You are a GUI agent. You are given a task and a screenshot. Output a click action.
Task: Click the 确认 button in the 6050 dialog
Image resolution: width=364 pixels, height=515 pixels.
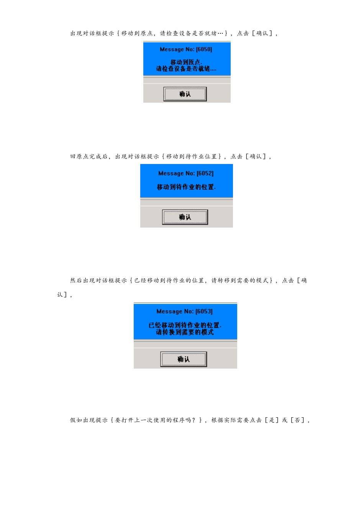pos(185,94)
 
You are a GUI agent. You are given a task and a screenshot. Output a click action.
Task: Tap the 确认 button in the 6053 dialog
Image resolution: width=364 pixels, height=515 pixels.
pos(184,359)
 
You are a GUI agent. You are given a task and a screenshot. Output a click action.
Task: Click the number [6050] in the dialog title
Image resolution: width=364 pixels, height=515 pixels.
pos(204,49)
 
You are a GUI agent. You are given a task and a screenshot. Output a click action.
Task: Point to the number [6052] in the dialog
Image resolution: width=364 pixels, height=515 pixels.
pos(205,174)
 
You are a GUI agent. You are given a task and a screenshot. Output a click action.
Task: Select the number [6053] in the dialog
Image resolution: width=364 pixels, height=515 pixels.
pos(204,312)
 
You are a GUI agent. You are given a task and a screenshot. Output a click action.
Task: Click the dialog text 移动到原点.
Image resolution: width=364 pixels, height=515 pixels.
pos(186,62)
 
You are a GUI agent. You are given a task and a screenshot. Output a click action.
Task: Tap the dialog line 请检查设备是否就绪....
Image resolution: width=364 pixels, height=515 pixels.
pos(186,69)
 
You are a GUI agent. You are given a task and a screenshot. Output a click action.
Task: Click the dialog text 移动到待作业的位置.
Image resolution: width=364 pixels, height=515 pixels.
pos(186,187)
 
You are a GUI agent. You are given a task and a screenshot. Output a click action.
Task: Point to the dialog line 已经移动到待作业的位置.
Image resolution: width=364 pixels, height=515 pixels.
pos(185,325)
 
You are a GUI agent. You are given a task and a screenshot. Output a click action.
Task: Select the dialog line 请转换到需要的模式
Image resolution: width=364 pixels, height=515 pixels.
pos(185,332)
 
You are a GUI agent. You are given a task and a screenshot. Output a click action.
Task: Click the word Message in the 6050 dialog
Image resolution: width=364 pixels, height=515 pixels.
pos(172,49)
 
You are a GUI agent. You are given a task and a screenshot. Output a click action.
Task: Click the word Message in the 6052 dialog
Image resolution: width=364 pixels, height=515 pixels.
pos(171,174)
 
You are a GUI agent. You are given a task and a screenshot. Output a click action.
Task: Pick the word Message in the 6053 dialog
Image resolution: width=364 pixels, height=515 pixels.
pos(169,312)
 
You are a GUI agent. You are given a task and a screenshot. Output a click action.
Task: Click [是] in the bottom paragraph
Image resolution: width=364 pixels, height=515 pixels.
pos(272,420)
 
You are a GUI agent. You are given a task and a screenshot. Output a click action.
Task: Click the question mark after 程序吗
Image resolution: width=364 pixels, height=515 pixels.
pos(193,420)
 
